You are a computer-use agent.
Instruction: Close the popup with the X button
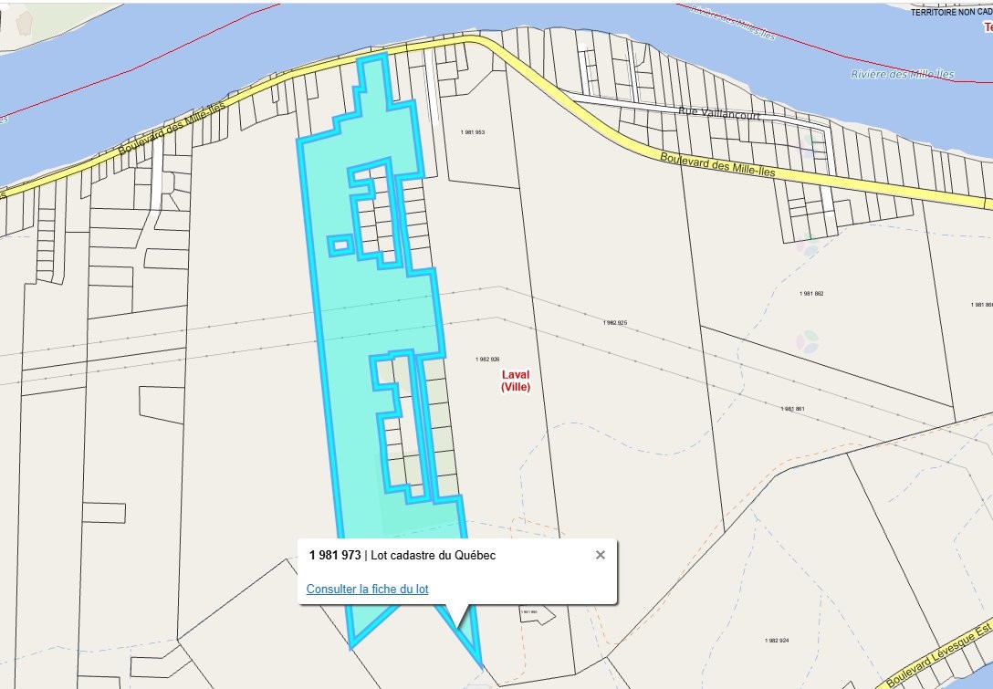600,555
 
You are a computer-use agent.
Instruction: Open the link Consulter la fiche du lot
367,589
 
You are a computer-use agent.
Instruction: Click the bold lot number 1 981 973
335,555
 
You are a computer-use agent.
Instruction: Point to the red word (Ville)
516,387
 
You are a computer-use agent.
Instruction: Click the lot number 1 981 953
473,132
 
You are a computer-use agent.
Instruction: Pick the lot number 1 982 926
488,360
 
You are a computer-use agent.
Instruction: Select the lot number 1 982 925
615,323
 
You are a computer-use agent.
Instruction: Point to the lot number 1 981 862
811,293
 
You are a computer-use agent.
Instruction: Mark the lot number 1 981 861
793,408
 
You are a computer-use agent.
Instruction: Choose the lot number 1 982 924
777,641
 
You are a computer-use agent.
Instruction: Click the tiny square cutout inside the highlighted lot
340,245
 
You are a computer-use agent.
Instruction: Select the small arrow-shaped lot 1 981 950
535,614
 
